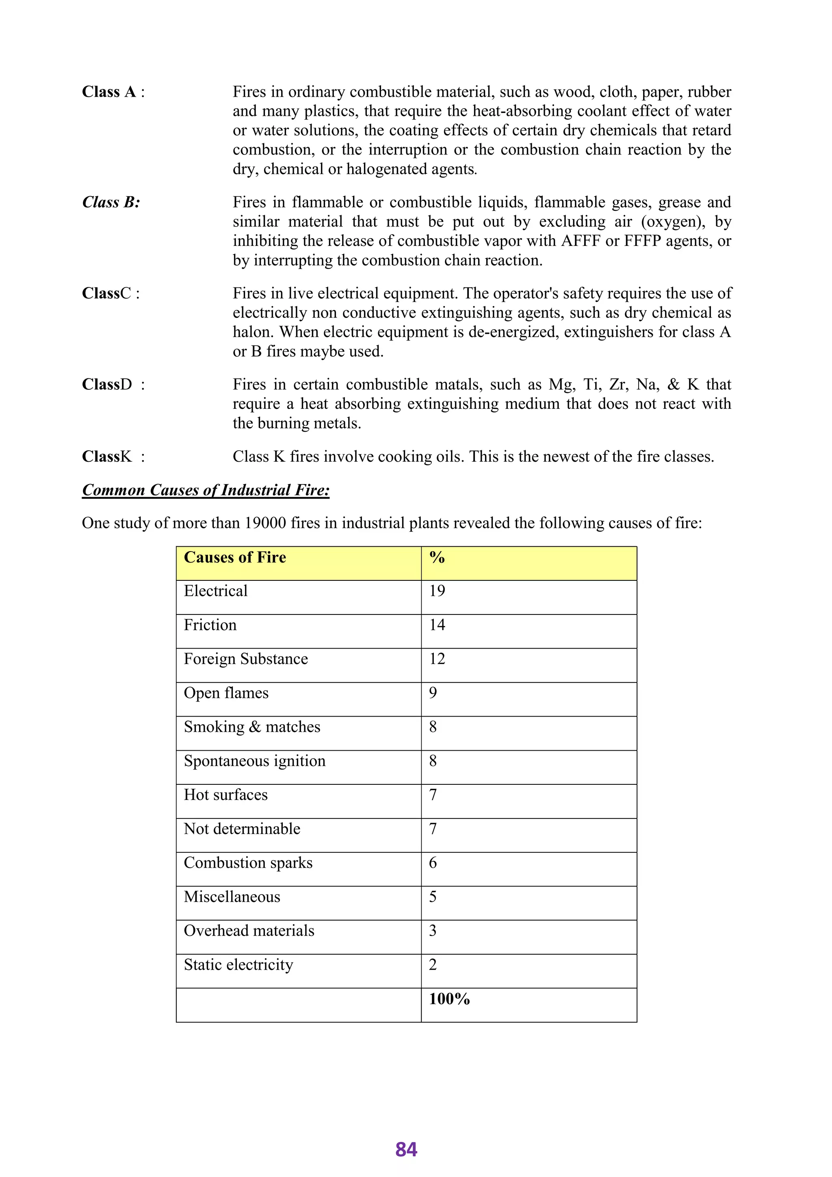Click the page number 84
[x=406, y=1149]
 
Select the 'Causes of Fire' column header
[x=235, y=558]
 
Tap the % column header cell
[x=437, y=558]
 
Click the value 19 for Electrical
[x=437, y=591]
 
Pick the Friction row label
[x=210, y=625]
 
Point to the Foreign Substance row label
[x=246, y=659]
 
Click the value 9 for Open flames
[x=433, y=693]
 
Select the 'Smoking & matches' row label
[x=251, y=727]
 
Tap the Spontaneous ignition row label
[x=255, y=761]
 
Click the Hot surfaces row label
[x=225, y=795]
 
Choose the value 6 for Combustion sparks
[x=433, y=863]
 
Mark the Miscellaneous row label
[x=232, y=897]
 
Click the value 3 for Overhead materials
[x=433, y=931]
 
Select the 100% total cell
[x=449, y=999]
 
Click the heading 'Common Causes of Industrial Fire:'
[x=206, y=490]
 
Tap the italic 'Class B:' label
[x=111, y=202]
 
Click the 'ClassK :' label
[x=113, y=457]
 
